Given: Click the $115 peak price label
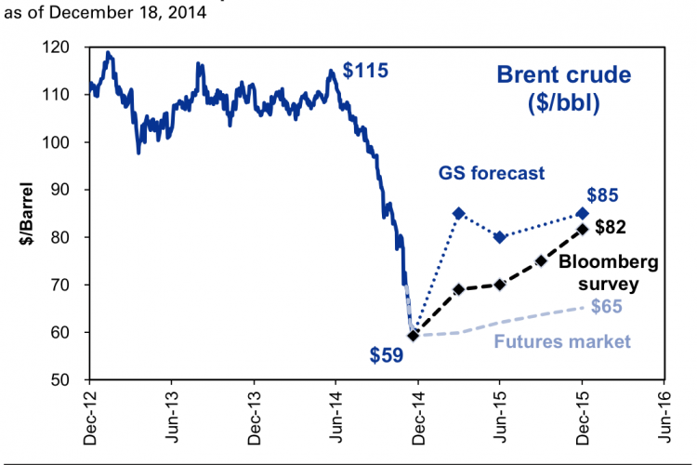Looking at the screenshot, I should pyautogui.click(x=365, y=71).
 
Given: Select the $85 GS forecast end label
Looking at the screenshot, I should pyautogui.click(x=604, y=196).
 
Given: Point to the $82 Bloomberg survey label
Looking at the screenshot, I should pyautogui.click(x=613, y=226).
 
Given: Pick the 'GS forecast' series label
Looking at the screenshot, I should pyautogui.click(x=493, y=173).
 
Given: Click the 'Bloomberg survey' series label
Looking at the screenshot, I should pyautogui.click(x=609, y=273).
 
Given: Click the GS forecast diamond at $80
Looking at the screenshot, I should pyautogui.click(x=500, y=237).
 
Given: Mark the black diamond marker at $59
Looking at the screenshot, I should pyautogui.click(x=414, y=335).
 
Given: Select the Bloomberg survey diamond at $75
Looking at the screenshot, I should pyautogui.click(x=541, y=260).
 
